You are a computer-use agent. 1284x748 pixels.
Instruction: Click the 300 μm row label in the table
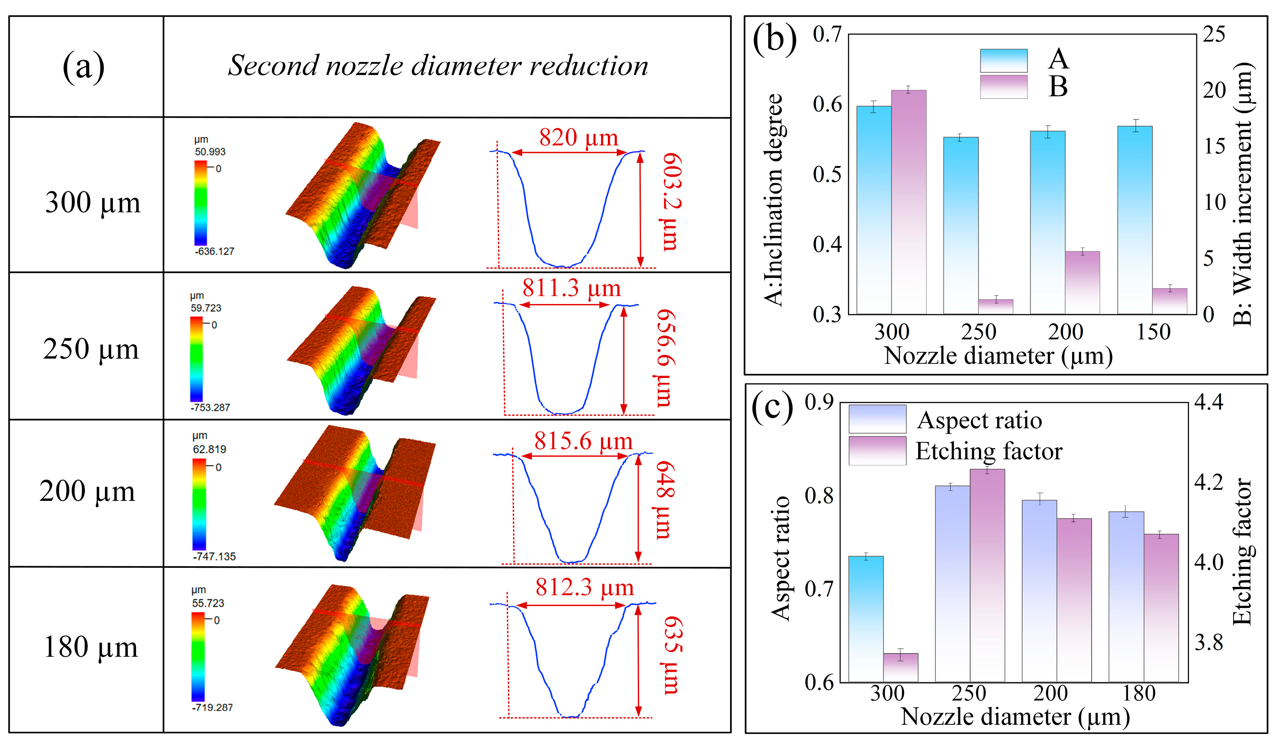(92, 203)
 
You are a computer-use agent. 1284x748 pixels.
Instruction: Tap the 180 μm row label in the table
(91, 647)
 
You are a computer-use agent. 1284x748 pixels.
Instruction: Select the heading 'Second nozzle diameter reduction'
(438, 66)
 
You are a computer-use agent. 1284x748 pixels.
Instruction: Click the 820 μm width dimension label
(578, 138)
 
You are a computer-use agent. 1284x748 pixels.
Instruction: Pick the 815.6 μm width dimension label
(583, 441)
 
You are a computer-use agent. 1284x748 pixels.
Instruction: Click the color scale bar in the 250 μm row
(196, 359)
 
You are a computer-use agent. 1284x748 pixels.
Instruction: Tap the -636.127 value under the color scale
(214, 251)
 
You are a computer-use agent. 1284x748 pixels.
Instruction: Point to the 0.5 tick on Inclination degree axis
(826, 174)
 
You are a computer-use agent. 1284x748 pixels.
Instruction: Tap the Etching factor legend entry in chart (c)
(988, 451)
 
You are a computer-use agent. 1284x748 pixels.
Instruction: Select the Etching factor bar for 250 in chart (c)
(987, 576)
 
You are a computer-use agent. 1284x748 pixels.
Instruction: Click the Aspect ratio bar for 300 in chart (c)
(866, 619)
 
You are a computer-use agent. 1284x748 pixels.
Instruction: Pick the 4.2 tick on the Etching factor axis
(1208, 482)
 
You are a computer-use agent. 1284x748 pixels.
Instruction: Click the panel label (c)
(772, 407)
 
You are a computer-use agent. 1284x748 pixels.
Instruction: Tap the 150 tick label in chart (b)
(1153, 332)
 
